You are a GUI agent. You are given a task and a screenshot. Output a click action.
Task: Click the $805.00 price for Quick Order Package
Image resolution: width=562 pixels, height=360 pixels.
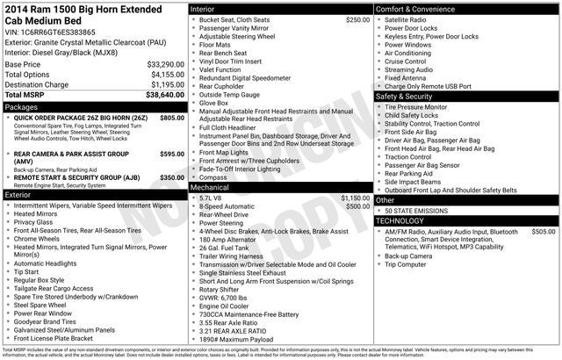(172, 118)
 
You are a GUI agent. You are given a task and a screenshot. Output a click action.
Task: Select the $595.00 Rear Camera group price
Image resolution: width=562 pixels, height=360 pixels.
(172, 154)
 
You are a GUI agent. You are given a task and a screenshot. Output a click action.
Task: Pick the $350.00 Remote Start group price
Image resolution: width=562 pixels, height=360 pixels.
(172, 177)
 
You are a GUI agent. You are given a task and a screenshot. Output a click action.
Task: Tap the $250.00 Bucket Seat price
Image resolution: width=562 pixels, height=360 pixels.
(357, 19)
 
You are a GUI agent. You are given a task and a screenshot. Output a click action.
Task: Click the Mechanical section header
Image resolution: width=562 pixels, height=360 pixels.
(211, 187)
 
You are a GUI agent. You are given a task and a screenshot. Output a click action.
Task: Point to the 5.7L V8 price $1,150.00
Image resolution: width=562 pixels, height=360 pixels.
(355, 198)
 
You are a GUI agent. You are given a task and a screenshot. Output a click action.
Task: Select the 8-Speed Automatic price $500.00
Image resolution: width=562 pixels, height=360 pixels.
(357, 206)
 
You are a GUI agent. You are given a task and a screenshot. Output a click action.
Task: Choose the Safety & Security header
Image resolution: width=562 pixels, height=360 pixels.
(407, 96)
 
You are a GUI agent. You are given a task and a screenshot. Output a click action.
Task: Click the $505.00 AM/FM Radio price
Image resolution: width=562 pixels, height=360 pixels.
(544, 232)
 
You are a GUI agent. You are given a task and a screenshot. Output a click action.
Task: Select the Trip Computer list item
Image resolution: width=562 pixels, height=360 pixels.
(411, 264)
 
